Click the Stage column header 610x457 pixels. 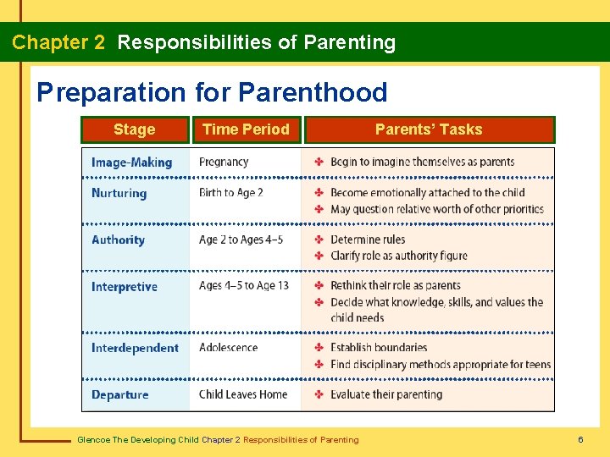click(135, 129)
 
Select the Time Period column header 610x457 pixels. click(246, 129)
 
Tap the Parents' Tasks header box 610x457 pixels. click(429, 129)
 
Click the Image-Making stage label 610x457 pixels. click(131, 162)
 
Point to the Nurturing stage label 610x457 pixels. click(119, 193)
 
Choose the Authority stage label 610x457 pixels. click(118, 240)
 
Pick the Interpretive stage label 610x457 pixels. click(125, 287)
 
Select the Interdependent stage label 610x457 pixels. click(135, 348)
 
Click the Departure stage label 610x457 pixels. click(120, 394)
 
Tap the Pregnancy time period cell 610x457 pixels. click(224, 162)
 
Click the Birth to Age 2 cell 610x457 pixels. click(230, 192)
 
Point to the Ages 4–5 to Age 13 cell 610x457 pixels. click(244, 286)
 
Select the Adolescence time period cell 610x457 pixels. click(228, 347)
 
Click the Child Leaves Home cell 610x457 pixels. click(243, 394)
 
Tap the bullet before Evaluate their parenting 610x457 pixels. click(319, 394)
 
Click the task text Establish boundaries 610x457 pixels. click(379, 347)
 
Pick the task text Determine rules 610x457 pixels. click(368, 240)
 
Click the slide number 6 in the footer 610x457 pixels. click(580, 439)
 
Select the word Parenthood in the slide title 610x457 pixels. click(313, 92)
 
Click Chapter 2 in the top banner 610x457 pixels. click(58, 42)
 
